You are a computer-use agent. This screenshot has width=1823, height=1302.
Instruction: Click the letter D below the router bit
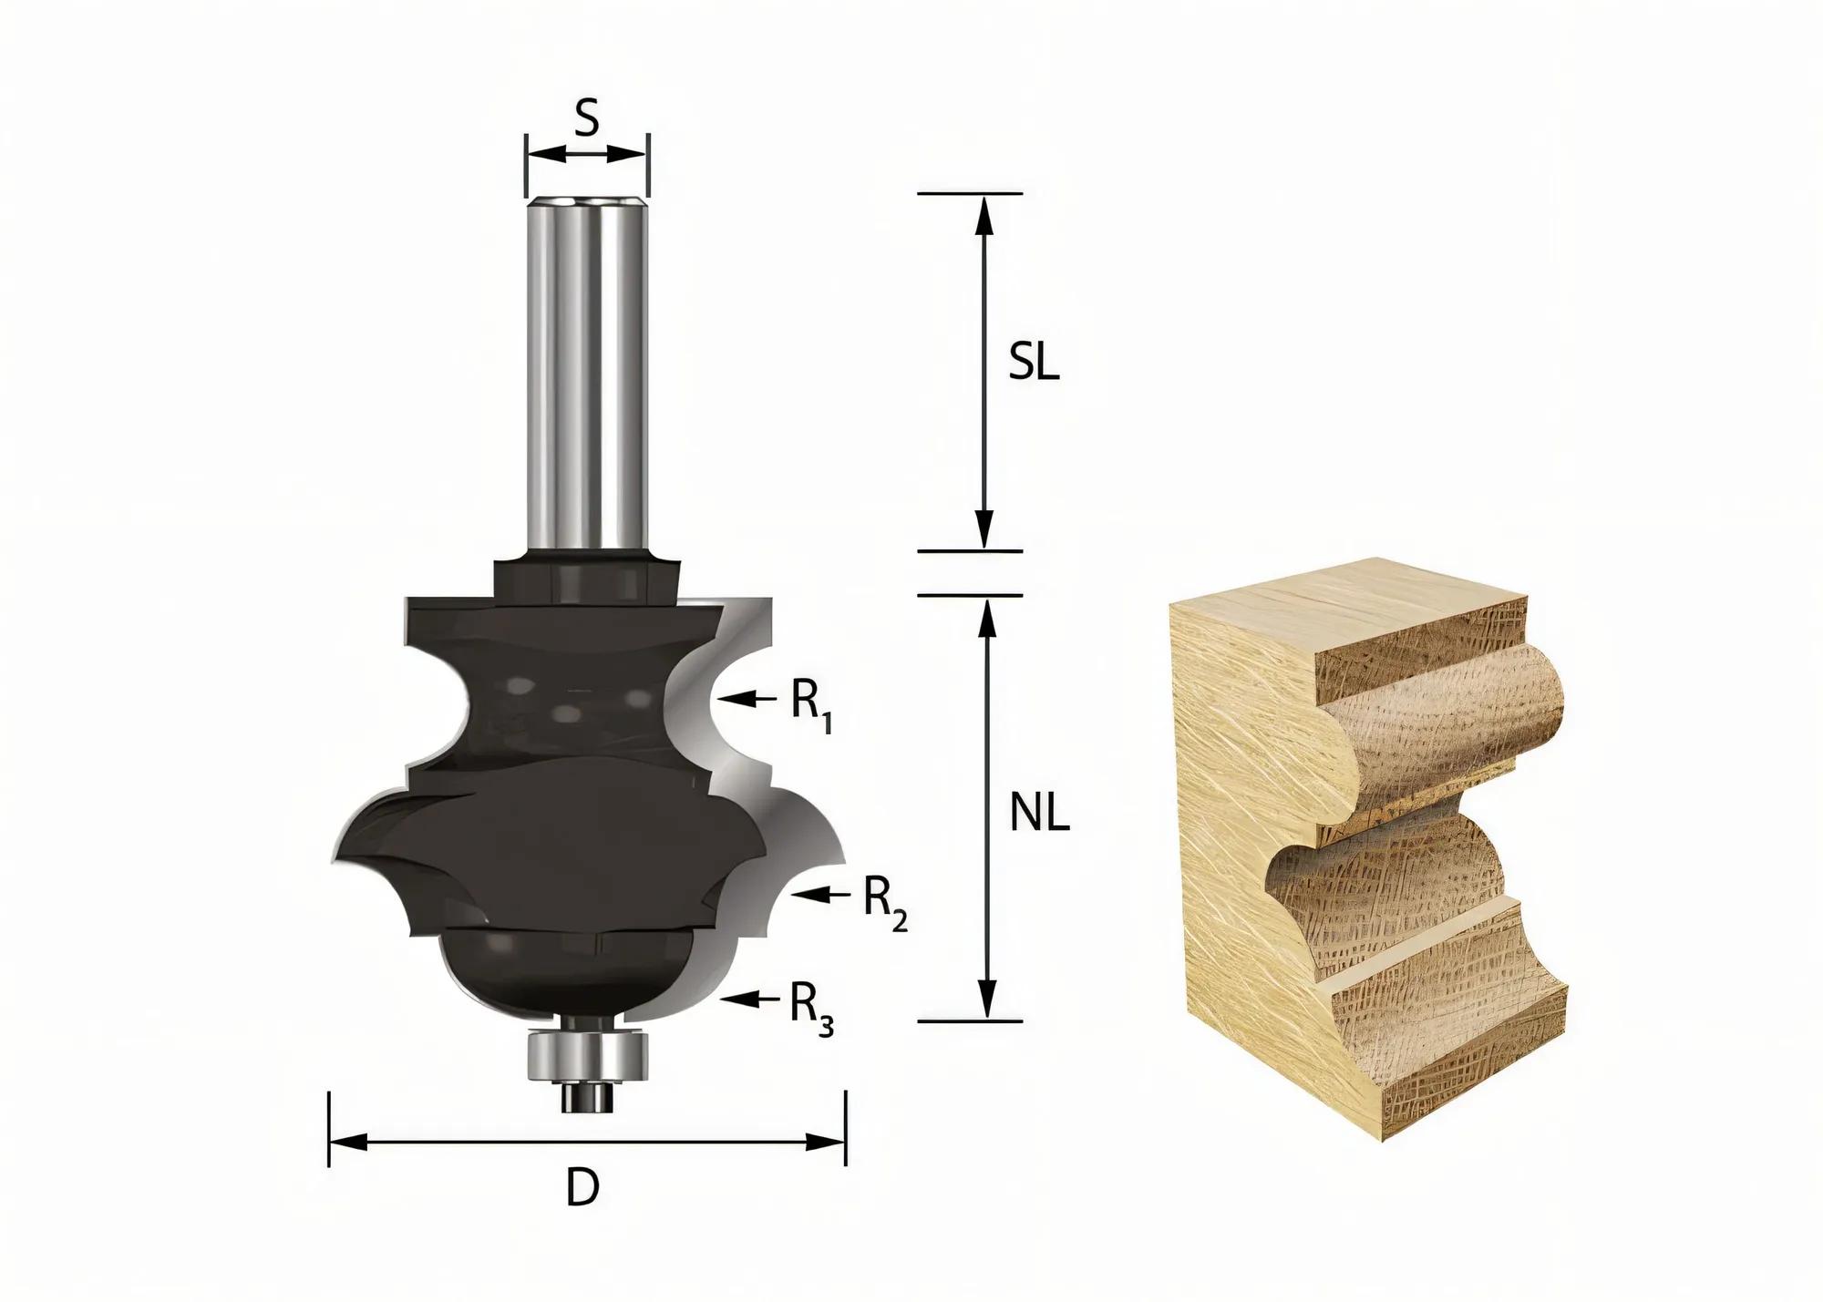pos(583,1188)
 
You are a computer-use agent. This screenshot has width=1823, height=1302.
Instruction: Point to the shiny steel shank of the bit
pos(587,364)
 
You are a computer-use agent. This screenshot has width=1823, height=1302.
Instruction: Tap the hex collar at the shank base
pos(587,579)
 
